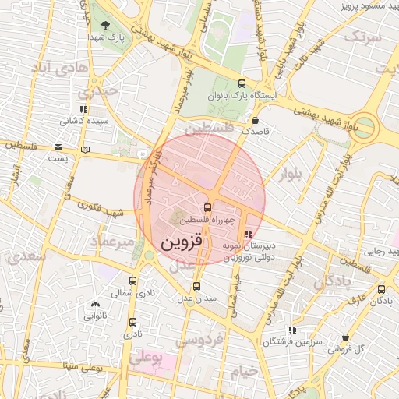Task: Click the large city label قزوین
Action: (x=181, y=242)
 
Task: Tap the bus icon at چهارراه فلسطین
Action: (x=207, y=207)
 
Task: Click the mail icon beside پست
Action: (x=58, y=147)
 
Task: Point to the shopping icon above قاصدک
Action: (x=256, y=121)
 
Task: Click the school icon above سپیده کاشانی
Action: (x=83, y=110)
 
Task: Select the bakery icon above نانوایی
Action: (x=95, y=305)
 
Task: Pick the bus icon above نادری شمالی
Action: (x=132, y=281)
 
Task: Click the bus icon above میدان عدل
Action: (x=196, y=286)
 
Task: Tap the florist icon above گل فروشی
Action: (x=345, y=337)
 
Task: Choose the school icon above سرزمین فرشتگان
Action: (x=291, y=330)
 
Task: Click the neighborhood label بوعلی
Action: (x=148, y=358)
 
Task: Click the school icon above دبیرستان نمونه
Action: (x=249, y=233)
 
